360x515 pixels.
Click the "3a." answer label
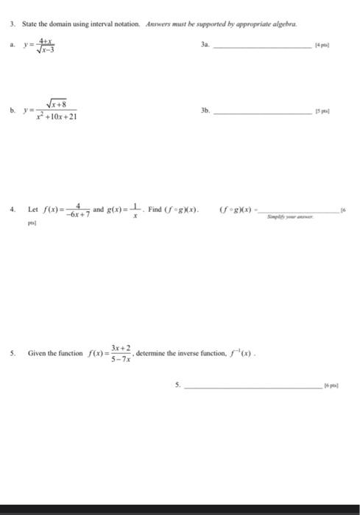tap(205, 45)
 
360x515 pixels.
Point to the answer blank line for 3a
tap(261, 47)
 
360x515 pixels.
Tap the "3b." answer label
tap(205, 110)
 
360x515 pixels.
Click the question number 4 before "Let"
tap(13, 209)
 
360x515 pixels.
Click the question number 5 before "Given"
tap(13, 352)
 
